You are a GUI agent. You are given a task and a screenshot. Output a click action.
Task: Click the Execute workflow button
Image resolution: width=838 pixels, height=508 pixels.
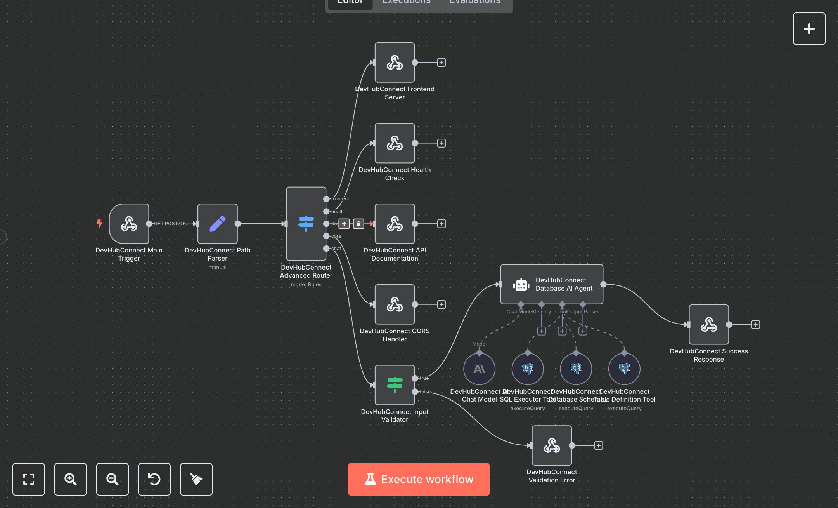pos(419,479)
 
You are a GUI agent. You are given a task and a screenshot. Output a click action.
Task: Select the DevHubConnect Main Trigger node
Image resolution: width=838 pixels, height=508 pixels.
pos(129,224)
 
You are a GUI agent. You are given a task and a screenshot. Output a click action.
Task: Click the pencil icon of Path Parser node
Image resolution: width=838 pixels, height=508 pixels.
pos(217,224)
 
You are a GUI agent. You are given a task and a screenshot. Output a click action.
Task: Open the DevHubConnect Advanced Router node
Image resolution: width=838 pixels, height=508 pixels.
pos(306,224)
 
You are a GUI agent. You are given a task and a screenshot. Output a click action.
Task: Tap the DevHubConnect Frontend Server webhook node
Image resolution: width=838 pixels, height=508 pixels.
pos(395,63)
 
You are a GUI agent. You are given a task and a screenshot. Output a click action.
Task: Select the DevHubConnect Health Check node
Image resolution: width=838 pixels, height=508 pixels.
pos(395,143)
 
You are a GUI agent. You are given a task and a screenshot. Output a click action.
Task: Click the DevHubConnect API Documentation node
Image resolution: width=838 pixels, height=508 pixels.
pos(395,224)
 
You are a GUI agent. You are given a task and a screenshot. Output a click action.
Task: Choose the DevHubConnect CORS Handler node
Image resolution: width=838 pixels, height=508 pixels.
pos(395,304)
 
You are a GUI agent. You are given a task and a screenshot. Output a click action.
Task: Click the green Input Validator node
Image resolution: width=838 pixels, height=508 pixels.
pos(395,385)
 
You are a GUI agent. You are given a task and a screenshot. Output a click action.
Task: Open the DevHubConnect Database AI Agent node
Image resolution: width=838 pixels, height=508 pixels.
pos(551,284)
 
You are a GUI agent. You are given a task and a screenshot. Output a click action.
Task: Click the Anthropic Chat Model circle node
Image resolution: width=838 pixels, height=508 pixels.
pos(479,369)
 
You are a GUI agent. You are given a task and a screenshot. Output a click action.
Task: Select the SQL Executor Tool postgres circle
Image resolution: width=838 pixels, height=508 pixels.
pos(527,369)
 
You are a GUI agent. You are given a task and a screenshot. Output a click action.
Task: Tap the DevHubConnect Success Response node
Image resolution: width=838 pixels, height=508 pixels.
pos(708,325)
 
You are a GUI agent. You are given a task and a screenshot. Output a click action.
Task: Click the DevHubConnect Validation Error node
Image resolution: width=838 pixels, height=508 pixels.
pos(551,445)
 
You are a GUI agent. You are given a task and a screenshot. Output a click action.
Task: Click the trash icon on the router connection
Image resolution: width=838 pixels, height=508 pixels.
pos(358,224)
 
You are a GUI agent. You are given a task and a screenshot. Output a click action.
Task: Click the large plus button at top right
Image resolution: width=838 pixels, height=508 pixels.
pos(809,29)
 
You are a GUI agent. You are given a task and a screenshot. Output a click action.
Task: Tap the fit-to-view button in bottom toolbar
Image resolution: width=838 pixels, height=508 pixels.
pos(29,479)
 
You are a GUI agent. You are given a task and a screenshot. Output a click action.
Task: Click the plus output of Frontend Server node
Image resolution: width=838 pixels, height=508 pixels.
pos(441,63)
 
